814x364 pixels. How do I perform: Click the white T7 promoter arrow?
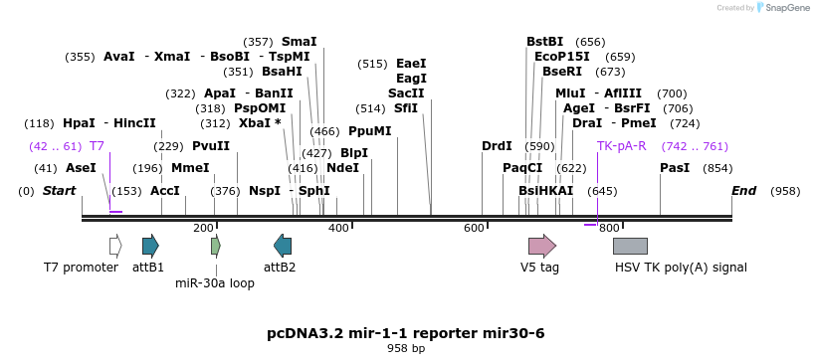(115, 246)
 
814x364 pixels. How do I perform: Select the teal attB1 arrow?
(150, 246)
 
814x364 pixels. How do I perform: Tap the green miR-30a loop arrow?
(216, 246)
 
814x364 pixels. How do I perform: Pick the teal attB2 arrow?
(283, 246)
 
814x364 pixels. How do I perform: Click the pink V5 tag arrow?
(541, 246)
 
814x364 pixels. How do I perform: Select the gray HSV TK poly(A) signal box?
(630, 246)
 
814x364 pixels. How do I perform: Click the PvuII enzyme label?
(211, 146)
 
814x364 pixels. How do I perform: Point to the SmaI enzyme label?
(299, 42)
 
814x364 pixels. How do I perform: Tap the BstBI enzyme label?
(545, 42)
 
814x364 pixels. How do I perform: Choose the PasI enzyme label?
(675, 168)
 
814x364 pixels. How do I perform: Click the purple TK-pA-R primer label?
(622, 146)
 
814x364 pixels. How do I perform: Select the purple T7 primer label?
(97, 146)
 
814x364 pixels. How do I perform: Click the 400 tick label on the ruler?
(338, 229)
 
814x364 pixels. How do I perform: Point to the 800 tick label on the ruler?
(609, 229)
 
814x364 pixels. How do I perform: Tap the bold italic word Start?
(59, 191)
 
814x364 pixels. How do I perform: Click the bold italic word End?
(743, 191)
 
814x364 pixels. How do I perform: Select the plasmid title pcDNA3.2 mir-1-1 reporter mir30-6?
(406, 332)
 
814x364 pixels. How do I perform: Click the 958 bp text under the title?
(406, 348)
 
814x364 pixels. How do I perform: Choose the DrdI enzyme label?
(497, 146)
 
